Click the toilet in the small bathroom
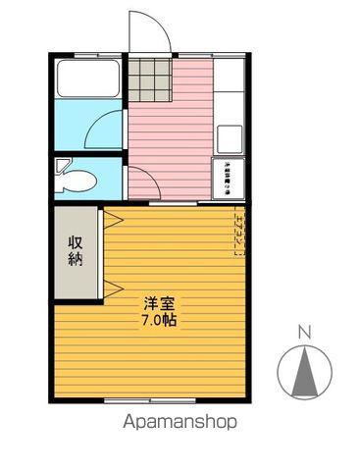click(77, 180)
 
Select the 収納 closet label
click(76, 251)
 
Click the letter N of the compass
click(304, 332)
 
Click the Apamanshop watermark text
click(180, 423)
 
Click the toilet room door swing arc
click(138, 181)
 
